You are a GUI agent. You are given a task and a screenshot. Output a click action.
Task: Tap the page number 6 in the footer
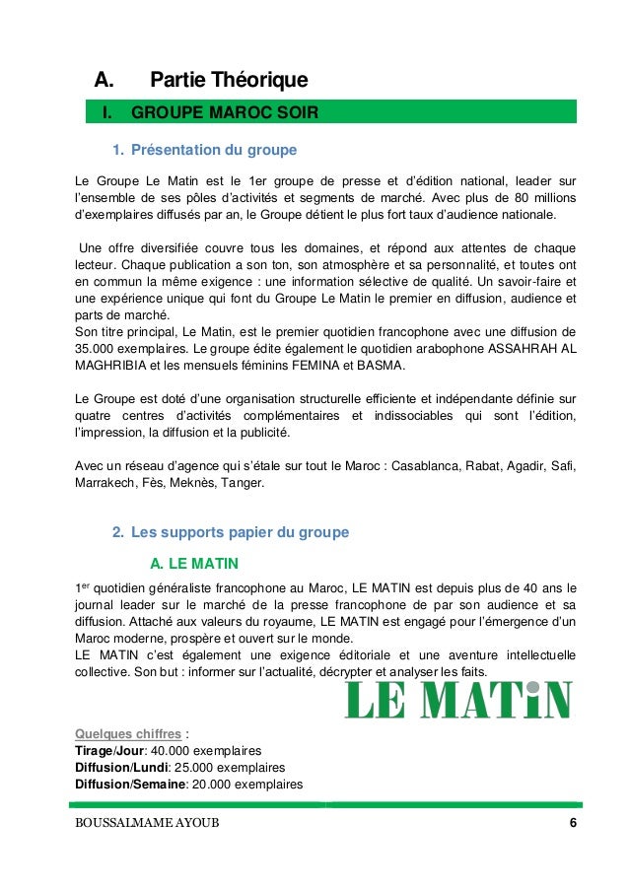pyautogui.click(x=573, y=824)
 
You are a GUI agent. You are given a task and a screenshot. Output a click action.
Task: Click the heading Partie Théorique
pyautogui.click(x=229, y=79)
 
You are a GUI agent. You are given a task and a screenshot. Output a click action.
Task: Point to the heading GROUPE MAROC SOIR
pyautogui.click(x=224, y=113)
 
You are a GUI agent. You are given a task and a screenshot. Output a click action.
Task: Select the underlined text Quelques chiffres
pyautogui.click(x=115, y=733)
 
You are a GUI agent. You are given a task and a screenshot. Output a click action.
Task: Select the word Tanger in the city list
pyautogui.click(x=240, y=483)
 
